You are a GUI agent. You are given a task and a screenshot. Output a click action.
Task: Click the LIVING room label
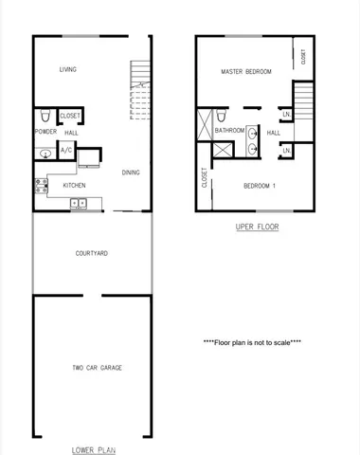coord(67,69)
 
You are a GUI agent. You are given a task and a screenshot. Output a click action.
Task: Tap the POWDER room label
coord(45,132)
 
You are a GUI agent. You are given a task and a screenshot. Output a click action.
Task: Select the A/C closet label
coord(66,151)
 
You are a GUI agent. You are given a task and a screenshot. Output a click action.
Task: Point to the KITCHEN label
coord(75,185)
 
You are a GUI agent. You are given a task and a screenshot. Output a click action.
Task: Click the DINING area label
coord(132,172)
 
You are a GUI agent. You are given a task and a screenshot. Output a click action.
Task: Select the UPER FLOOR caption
coord(256,227)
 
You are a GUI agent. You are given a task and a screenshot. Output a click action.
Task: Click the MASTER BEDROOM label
coord(246,72)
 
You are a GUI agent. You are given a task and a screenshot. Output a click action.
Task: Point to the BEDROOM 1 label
coord(259,185)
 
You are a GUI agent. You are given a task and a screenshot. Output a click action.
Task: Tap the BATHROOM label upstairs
coord(230,131)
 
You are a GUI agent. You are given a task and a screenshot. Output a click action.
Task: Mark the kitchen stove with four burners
coord(41,185)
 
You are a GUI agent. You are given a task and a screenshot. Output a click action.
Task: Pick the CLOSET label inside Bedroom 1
coord(205,178)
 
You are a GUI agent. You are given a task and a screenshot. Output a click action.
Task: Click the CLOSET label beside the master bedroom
coord(303,57)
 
